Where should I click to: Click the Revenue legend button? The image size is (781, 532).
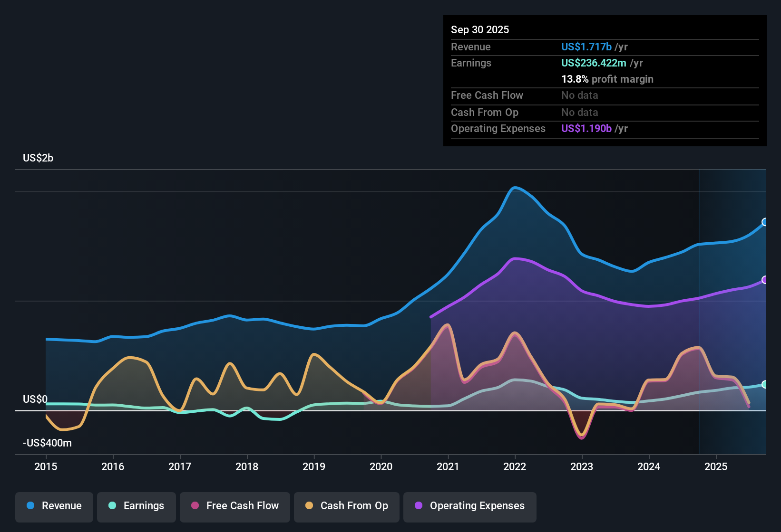click(54, 506)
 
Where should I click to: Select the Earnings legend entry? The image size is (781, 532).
click(136, 506)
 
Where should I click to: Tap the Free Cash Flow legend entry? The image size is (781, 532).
click(234, 506)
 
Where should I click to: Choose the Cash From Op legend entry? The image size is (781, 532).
click(346, 506)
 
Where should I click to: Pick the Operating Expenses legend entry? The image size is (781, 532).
click(469, 506)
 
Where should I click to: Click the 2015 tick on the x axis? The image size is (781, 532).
click(46, 466)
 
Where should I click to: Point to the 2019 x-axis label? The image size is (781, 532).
click(314, 466)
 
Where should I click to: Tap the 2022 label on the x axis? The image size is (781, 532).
click(515, 466)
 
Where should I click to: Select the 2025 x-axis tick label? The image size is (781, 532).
click(716, 466)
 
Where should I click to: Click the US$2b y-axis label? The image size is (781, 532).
click(38, 158)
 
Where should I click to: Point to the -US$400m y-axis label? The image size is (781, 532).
click(47, 443)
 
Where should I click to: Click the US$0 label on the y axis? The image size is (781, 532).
click(35, 399)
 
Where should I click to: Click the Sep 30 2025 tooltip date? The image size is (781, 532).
click(480, 29)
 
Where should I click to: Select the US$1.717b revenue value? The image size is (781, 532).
click(586, 47)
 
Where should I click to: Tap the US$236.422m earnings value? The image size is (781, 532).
click(593, 63)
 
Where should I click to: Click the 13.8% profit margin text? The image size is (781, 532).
click(607, 79)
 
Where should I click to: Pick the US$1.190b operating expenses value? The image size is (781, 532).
click(586, 128)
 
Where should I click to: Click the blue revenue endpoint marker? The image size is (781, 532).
click(765, 222)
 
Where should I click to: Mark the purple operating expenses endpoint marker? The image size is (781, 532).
click(765, 280)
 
